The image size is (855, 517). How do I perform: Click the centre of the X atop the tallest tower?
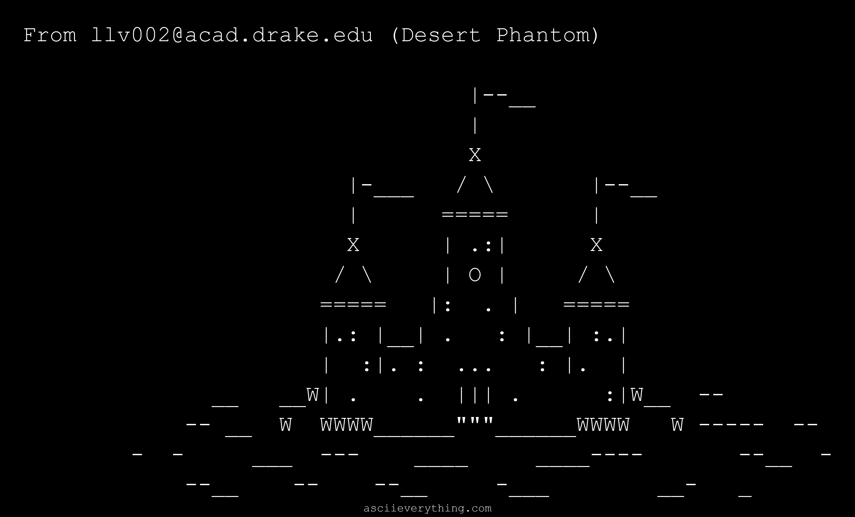click(475, 155)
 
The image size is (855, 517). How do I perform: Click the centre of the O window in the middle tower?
click(475, 275)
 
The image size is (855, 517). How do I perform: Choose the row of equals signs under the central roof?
click(475, 215)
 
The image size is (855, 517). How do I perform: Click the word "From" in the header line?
click(50, 35)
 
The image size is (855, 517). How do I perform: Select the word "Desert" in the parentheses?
click(441, 35)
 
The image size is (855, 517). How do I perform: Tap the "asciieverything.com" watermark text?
click(427, 508)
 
